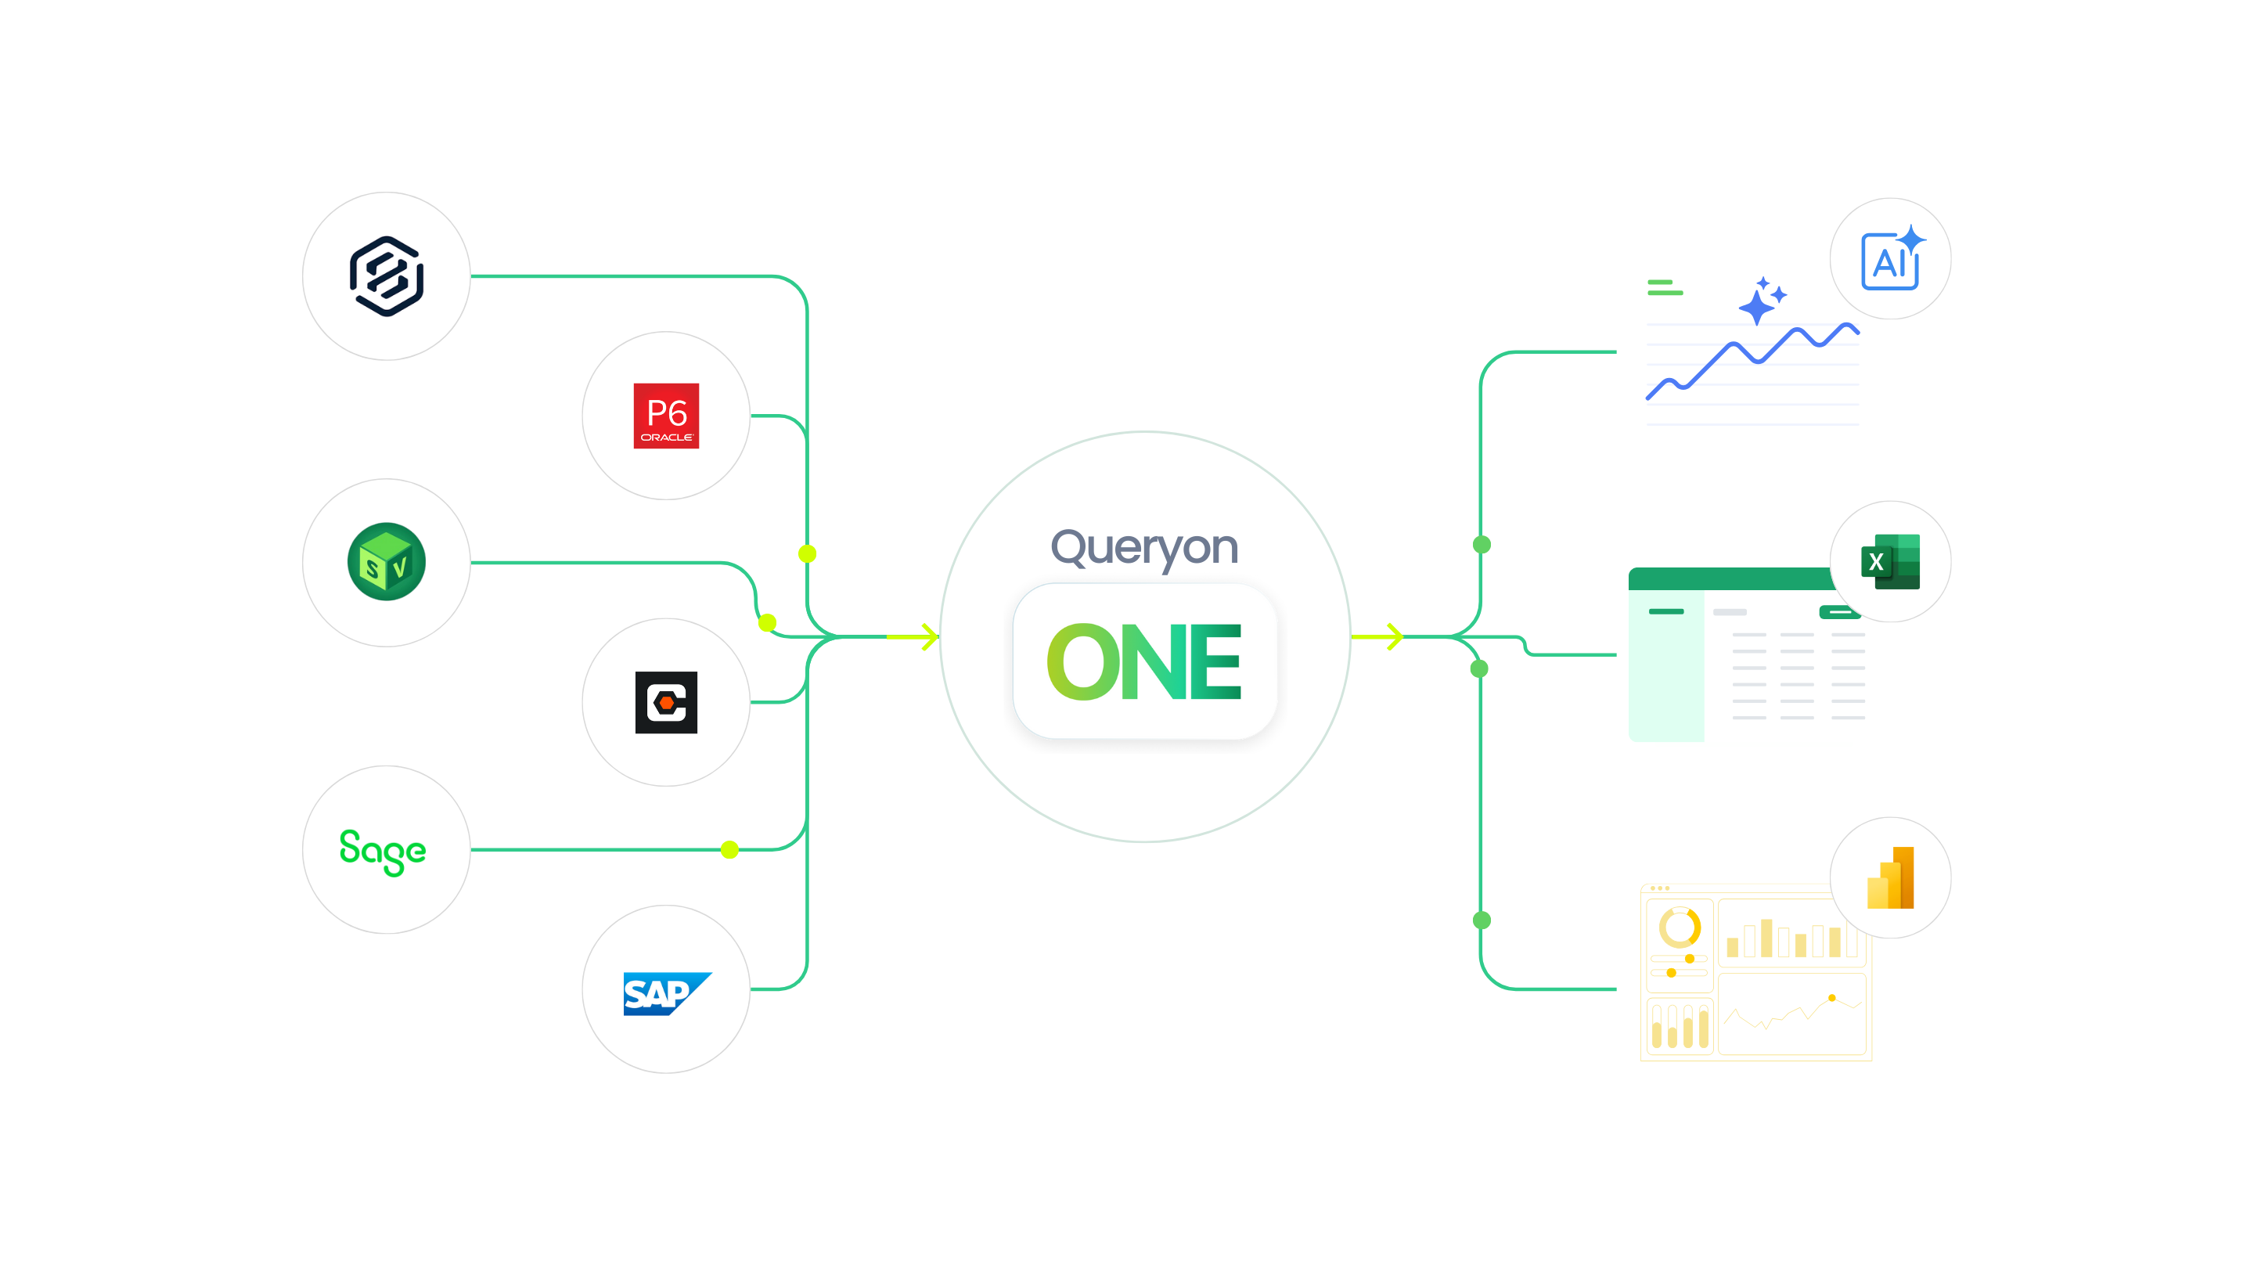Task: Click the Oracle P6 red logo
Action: click(666, 416)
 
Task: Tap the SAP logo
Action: click(666, 993)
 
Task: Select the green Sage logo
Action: click(383, 851)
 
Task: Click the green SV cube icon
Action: click(386, 562)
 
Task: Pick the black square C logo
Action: click(666, 702)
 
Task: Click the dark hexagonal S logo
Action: click(387, 276)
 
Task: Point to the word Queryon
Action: click(1144, 549)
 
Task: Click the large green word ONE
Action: click(1144, 661)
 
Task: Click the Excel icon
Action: click(1890, 562)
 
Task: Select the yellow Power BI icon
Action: click(1890, 877)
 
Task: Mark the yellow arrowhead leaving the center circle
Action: click(1394, 637)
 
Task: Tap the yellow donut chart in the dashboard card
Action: click(1679, 928)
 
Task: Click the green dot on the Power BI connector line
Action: click(1482, 920)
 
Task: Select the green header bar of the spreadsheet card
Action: click(1728, 579)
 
